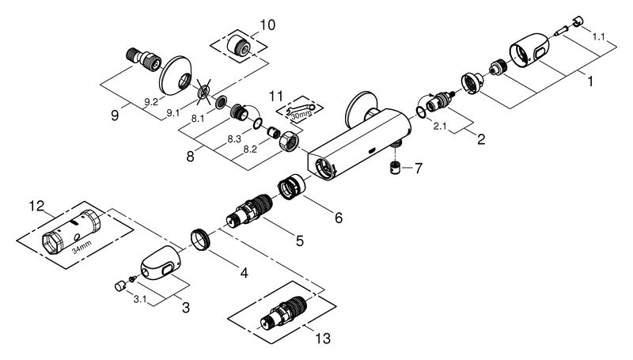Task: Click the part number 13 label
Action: [323, 338]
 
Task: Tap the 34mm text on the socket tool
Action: [81, 247]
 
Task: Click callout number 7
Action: [418, 168]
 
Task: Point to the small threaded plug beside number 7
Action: [395, 167]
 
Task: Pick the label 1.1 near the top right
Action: [599, 36]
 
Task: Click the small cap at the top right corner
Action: [578, 21]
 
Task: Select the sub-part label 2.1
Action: [440, 127]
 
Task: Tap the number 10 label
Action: [267, 25]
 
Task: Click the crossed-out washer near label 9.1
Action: [205, 92]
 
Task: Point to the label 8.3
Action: [234, 138]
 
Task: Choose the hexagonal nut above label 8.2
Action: [289, 142]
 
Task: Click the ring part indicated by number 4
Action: [201, 240]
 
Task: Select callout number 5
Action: [299, 241]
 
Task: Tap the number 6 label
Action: [339, 218]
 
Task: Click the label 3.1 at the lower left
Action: [140, 299]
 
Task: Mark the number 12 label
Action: [36, 206]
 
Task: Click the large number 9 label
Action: [115, 116]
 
